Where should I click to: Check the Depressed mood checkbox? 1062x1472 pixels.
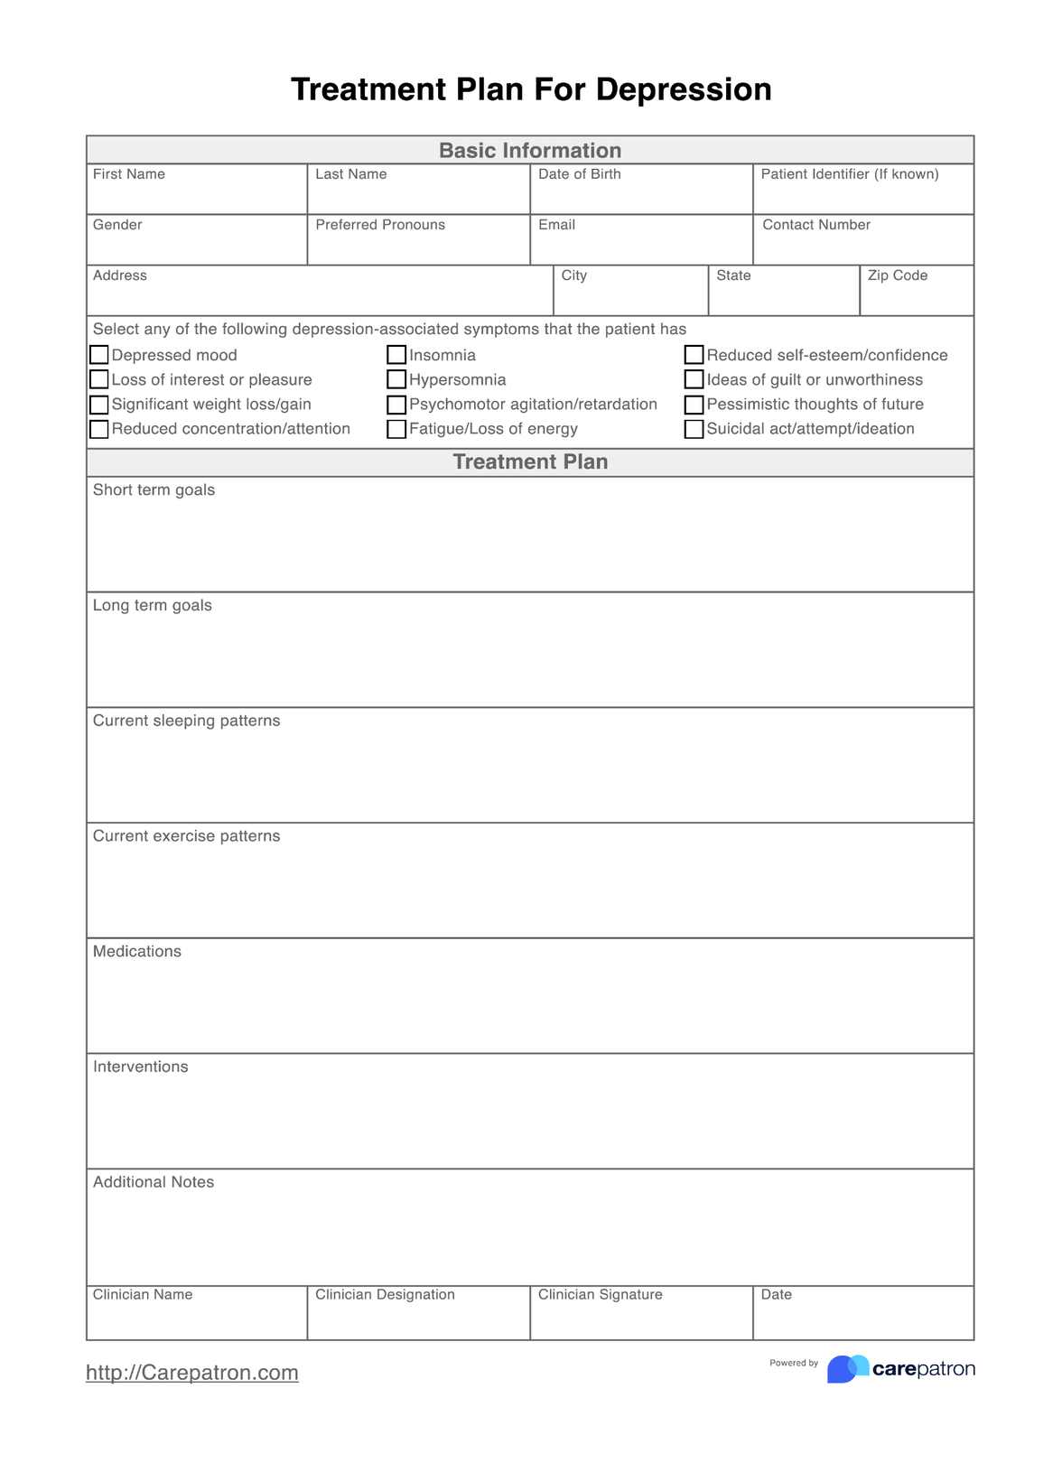(99, 355)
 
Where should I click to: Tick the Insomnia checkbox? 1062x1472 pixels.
(396, 355)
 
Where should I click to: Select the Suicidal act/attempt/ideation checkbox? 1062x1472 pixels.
(694, 429)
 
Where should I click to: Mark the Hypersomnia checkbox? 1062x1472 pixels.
(396, 379)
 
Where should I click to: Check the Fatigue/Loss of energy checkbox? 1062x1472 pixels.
(396, 429)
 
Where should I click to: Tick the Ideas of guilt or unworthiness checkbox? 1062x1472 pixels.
(694, 379)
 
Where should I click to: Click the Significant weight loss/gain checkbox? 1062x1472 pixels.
(99, 405)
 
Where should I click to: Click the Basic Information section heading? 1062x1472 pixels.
(530, 150)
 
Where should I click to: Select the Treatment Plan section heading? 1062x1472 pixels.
(530, 461)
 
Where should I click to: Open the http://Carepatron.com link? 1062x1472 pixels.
(192, 1372)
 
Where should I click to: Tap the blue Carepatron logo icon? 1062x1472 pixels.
(847, 1368)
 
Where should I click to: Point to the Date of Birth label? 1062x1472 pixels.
(580, 174)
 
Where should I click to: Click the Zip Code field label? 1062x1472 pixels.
(898, 275)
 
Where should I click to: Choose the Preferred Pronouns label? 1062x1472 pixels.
(380, 225)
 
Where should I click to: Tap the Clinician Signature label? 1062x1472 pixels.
(601, 1294)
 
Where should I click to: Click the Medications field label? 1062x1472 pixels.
(137, 951)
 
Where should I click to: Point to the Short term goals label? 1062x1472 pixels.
(154, 489)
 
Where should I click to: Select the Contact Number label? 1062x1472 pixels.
(816, 225)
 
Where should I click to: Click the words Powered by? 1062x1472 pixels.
(794, 1363)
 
